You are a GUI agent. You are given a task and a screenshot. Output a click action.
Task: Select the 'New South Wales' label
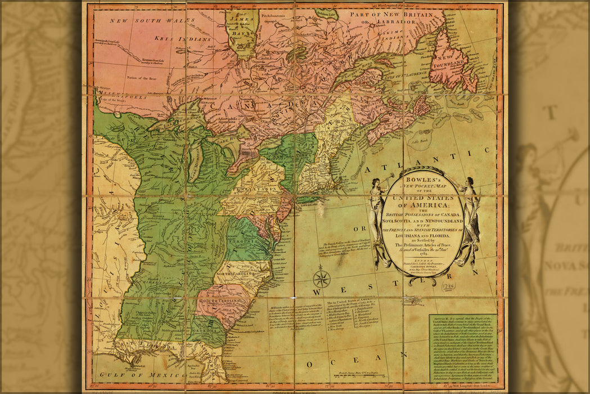(x=136, y=21)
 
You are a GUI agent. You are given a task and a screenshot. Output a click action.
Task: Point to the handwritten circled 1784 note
(x=448, y=286)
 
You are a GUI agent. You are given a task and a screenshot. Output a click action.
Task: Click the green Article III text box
(x=462, y=348)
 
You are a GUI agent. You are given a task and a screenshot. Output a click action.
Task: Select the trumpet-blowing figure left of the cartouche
(x=376, y=220)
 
